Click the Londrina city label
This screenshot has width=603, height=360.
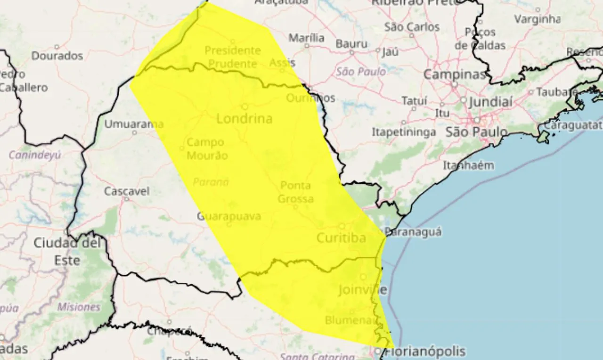(x=244, y=119)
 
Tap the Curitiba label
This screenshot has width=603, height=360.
(x=341, y=238)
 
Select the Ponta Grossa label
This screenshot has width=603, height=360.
(x=296, y=192)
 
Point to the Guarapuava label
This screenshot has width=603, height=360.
(x=228, y=216)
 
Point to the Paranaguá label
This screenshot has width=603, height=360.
(x=413, y=231)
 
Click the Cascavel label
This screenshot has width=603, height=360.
(x=127, y=191)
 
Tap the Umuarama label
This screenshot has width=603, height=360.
(x=134, y=124)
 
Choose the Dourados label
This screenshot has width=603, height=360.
(x=57, y=56)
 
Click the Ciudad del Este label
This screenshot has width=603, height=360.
(x=67, y=251)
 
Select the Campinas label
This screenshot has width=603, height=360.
(x=454, y=74)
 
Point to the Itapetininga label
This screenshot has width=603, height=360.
(x=404, y=132)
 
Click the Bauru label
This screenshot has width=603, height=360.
(x=351, y=44)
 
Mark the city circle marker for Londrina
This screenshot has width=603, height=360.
(x=244, y=106)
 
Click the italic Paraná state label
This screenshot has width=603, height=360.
(x=211, y=182)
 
